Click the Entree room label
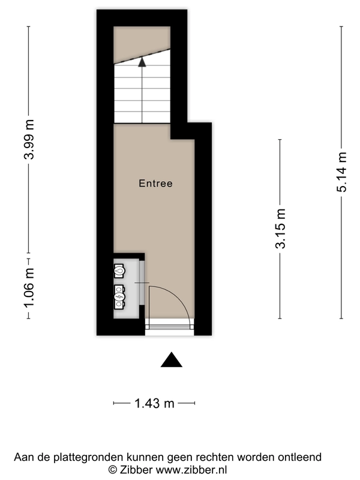click(155, 184)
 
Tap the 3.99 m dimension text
click(28, 139)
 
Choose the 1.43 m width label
click(154, 404)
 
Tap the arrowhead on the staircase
click(142, 60)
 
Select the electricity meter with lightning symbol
click(120, 295)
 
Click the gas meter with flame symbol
click(120, 271)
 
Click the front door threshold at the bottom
click(170, 327)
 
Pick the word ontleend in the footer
click(300, 457)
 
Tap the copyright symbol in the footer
click(112, 470)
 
